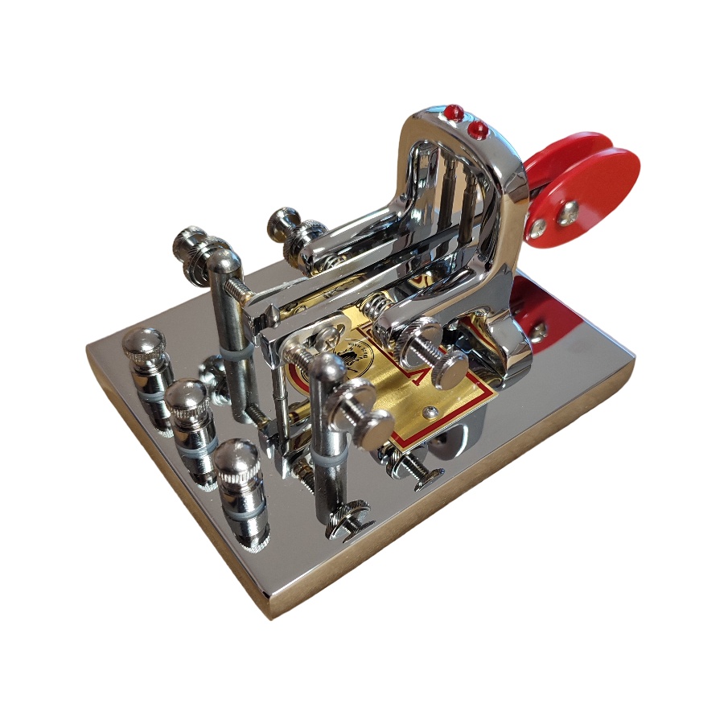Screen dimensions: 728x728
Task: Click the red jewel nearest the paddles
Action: [x=479, y=129]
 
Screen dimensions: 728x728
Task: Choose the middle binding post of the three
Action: [x=191, y=406]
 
